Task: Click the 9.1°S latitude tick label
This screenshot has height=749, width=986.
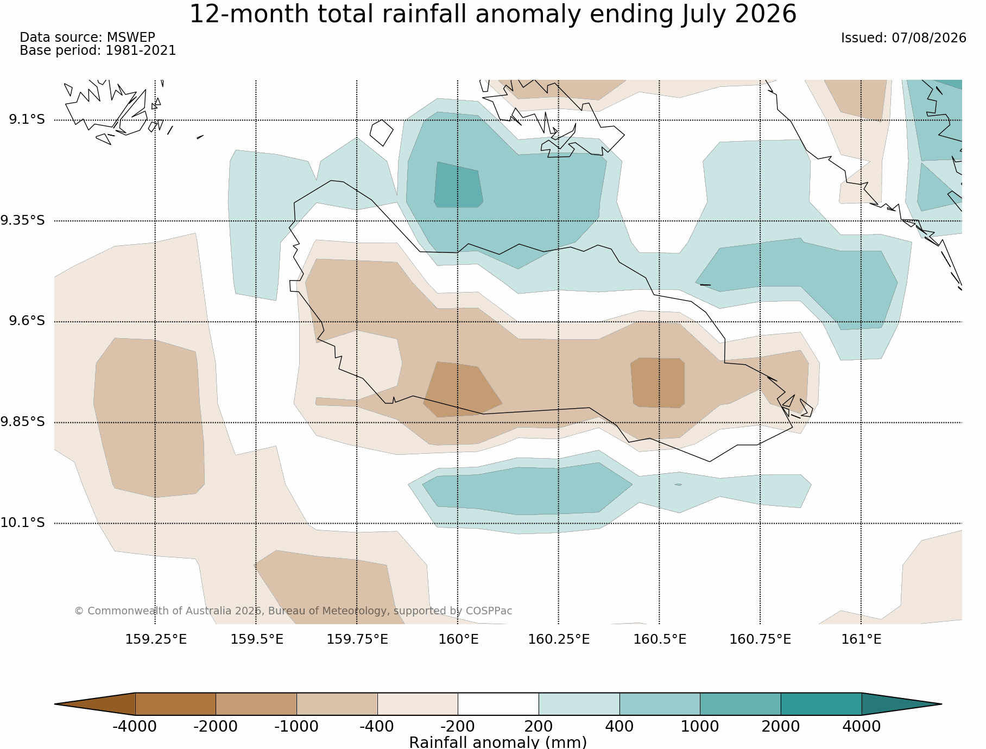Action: pyautogui.click(x=27, y=119)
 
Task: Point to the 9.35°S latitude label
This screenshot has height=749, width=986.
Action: pyautogui.click(x=22, y=220)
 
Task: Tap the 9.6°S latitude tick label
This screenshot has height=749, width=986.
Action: pyautogui.click(x=27, y=321)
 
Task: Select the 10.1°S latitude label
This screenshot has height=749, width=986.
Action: pyautogui.click(x=22, y=523)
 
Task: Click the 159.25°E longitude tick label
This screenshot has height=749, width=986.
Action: pyautogui.click(x=156, y=639)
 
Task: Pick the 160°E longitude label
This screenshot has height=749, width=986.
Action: pyautogui.click(x=458, y=639)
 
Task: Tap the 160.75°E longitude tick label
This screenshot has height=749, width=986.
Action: pyautogui.click(x=760, y=639)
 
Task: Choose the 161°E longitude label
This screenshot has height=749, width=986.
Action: pyautogui.click(x=861, y=639)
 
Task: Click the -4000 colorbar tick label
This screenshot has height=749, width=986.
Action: pyautogui.click(x=135, y=726)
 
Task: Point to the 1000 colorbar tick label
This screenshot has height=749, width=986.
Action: pyautogui.click(x=700, y=726)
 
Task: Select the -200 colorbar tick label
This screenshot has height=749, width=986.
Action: pyautogui.click(x=458, y=726)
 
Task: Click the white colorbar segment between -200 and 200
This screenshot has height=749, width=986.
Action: pyautogui.click(x=498, y=704)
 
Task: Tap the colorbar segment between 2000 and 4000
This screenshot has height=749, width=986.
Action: pyautogui.click(x=821, y=704)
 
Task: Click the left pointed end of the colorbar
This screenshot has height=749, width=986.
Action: pyautogui.click(x=55, y=704)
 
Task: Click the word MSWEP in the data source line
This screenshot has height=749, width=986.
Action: pyautogui.click(x=131, y=37)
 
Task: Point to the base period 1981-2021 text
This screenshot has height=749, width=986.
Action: pyautogui.click(x=141, y=50)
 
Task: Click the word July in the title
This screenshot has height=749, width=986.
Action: pyautogui.click(x=704, y=14)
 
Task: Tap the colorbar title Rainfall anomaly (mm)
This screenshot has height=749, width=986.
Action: pyautogui.click(x=498, y=742)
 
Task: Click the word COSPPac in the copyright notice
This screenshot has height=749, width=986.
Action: pyautogui.click(x=489, y=611)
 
